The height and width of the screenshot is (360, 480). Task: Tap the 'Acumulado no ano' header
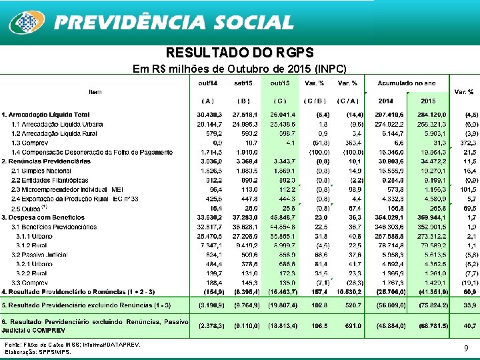(407, 83)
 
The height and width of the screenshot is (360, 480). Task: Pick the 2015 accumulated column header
(428, 101)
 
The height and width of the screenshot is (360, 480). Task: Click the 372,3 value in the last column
(467, 143)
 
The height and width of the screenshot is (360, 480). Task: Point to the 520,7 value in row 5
(351, 305)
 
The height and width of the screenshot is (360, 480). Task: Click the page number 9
(466, 348)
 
